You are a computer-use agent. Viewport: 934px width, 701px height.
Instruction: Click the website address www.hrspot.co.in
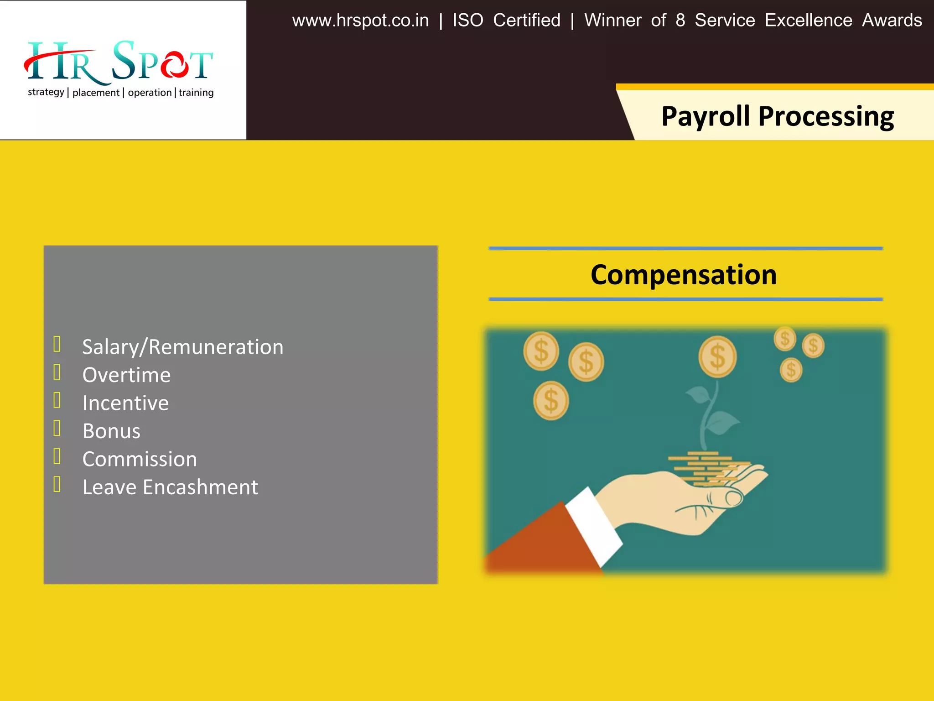click(x=360, y=21)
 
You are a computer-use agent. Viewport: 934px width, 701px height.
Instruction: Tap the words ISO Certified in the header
click(x=506, y=21)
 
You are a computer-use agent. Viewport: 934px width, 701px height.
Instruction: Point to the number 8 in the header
click(x=680, y=21)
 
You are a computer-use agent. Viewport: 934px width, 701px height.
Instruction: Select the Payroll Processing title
click(x=777, y=116)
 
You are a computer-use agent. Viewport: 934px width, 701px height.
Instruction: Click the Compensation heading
click(x=683, y=275)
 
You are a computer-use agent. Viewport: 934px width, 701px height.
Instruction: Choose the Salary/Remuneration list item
click(x=182, y=347)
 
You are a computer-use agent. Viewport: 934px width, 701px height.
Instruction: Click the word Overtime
click(x=126, y=375)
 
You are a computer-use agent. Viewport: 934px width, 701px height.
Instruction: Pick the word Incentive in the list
click(x=125, y=403)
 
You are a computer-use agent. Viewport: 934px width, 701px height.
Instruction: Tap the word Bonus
click(x=111, y=431)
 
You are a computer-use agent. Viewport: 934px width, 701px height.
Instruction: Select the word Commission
click(x=140, y=459)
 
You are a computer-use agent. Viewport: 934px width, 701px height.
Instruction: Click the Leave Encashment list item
click(x=170, y=487)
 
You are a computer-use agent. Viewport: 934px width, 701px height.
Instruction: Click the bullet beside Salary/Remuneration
click(x=57, y=344)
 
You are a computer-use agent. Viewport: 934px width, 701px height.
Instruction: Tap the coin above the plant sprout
click(x=717, y=357)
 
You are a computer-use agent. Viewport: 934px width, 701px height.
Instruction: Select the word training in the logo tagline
click(x=196, y=93)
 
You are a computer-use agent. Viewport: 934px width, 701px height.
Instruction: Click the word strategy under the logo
click(x=46, y=92)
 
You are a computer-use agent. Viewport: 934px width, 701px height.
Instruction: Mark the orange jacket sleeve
click(x=543, y=543)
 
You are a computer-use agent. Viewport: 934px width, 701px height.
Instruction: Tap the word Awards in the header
click(x=892, y=21)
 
